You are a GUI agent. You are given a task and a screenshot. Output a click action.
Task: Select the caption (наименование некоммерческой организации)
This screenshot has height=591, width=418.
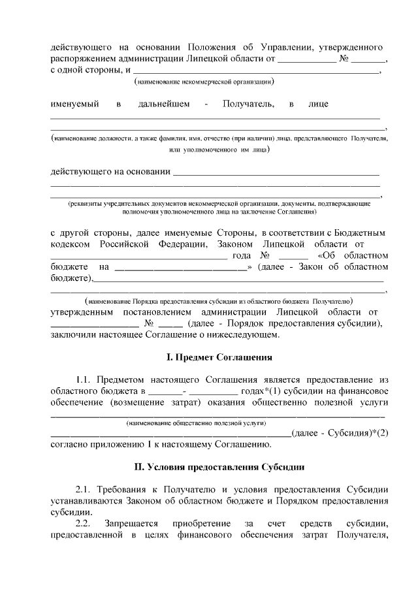(x=203, y=83)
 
